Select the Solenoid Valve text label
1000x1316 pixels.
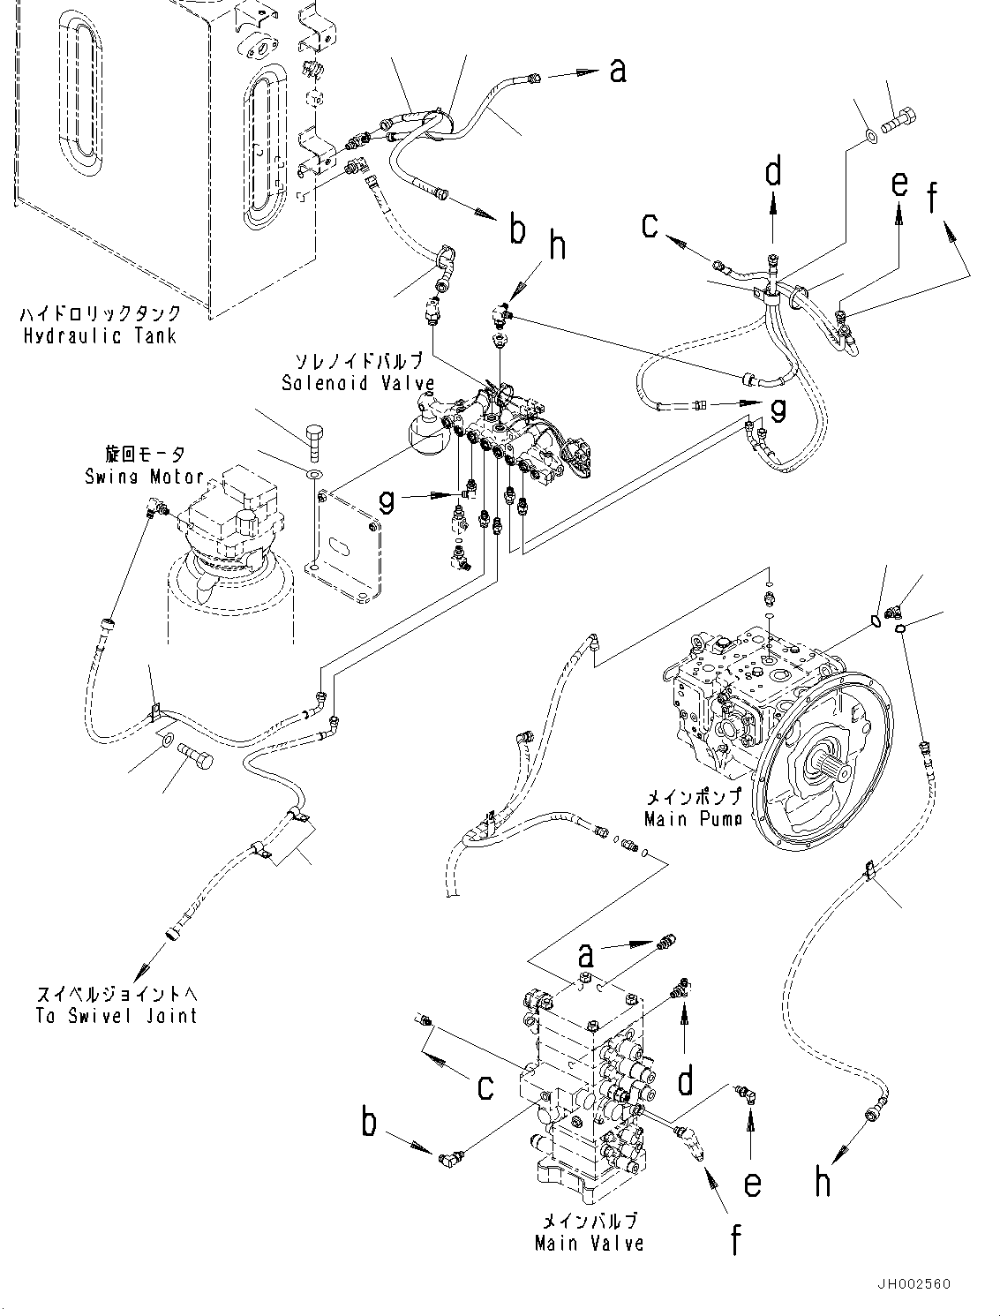point(357,383)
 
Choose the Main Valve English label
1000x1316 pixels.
point(589,1243)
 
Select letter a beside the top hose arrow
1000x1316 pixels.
point(618,71)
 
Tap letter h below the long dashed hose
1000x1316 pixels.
point(823,1180)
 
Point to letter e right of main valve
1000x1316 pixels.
point(752,1183)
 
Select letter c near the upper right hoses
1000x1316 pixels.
point(650,226)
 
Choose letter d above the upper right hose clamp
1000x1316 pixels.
point(773,172)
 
